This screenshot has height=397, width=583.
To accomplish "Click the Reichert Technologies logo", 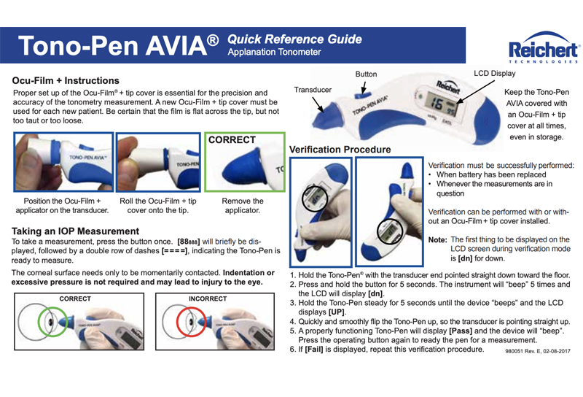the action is coord(544,47).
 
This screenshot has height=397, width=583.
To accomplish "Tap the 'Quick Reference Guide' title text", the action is coord(294,39).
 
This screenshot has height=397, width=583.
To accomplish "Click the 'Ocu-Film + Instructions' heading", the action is coord(66,80).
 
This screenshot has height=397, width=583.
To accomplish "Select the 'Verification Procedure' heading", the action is coord(340,150).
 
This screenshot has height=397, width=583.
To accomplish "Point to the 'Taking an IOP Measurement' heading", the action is coord(75,231).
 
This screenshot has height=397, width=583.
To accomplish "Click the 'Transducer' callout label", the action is coord(313,90).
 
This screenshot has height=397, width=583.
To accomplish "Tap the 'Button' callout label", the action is coord(366,74).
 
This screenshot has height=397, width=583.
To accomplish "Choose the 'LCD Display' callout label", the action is coord(495,74).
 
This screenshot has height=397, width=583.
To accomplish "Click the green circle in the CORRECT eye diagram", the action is coord(39,322).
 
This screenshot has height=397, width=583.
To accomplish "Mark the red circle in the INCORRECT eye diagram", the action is coord(177,322).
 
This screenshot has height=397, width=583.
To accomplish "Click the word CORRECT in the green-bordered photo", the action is coord(232,139).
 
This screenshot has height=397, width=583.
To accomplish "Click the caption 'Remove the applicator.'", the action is coord(243,206).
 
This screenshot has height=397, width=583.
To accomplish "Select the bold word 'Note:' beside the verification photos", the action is coord(438,240).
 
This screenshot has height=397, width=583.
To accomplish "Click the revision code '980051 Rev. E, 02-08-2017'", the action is coord(538,351).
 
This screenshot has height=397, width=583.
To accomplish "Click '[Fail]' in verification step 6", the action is coord(314,350).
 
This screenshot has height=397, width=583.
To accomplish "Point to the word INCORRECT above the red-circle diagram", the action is coord(208,298).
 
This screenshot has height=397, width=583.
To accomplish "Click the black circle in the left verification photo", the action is coord(302,198).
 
